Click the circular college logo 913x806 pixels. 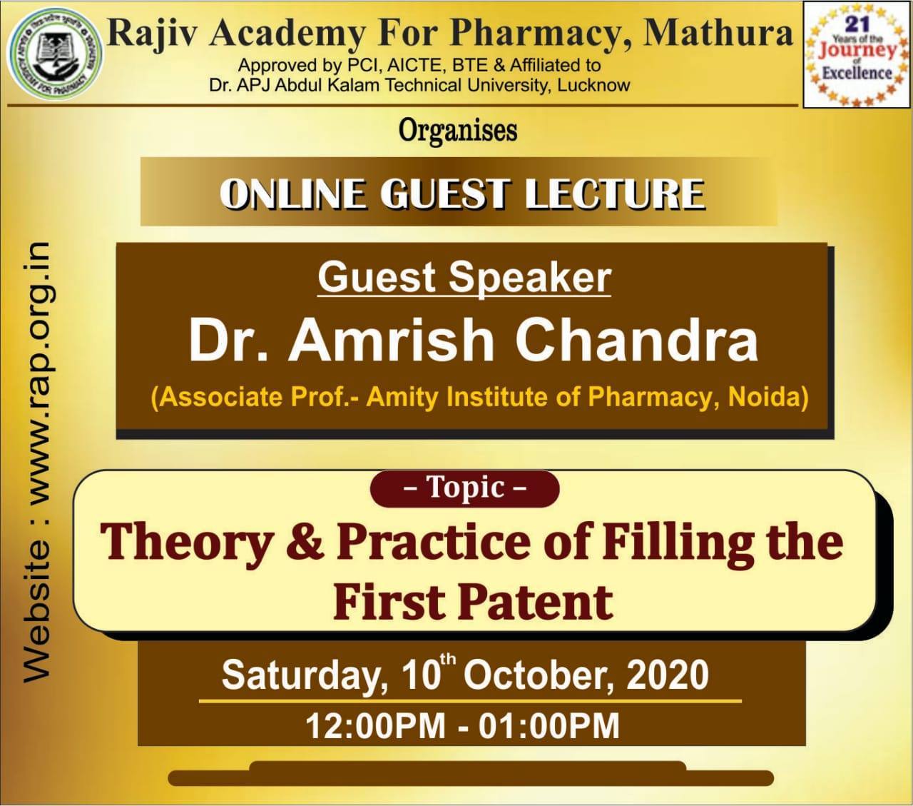click(x=55, y=54)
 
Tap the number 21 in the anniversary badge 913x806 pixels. click(x=857, y=24)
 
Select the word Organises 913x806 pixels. click(x=458, y=131)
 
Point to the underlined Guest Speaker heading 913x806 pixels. click(x=464, y=278)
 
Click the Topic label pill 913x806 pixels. click(x=464, y=488)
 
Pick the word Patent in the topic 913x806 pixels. click(x=535, y=602)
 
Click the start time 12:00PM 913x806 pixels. click(x=376, y=727)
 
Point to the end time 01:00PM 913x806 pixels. click(x=549, y=727)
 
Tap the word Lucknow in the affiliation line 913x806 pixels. click(x=593, y=85)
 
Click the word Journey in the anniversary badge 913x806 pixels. click(x=857, y=51)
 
